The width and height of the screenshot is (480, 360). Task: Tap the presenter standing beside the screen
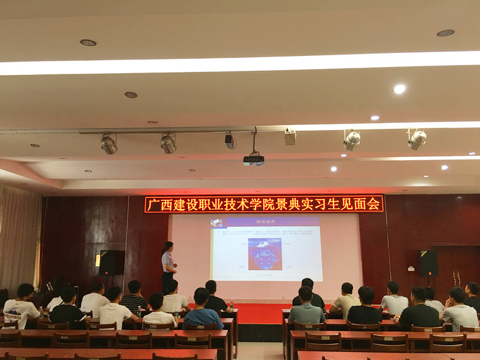pyautogui.click(x=167, y=264)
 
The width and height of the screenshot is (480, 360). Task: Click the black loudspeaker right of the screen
pyautogui.click(x=428, y=263)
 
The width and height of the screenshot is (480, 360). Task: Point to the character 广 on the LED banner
pyautogui.click(x=152, y=205)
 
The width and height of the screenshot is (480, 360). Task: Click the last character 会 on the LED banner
pyautogui.click(x=374, y=204)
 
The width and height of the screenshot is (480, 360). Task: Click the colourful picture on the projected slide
pyautogui.click(x=265, y=253)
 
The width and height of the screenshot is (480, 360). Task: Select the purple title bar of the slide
pyautogui.click(x=266, y=221)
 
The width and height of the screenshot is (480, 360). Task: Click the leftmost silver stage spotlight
pyautogui.click(x=109, y=144)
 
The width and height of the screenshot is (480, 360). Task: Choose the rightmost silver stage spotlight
pyautogui.click(x=416, y=140)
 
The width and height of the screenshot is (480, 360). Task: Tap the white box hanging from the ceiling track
pyautogui.click(x=290, y=137)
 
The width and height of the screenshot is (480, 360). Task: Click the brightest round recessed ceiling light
pyautogui.click(x=399, y=89)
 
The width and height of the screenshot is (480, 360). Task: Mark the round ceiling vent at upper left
pyautogui.click(x=88, y=43)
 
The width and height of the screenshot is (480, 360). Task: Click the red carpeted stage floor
pyautogui.click(x=258, y=313)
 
